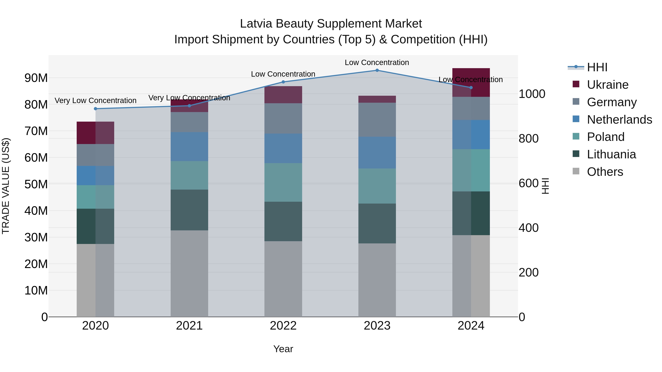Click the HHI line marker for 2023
[377, 70]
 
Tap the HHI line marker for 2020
[96, 109]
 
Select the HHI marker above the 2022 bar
[283, 82]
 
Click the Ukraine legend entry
[608, 85]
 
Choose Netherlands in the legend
[619, 120]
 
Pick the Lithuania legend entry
[611, 154]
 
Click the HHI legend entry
[597, 67]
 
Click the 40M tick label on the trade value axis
[36, 211]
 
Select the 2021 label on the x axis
[189, 326]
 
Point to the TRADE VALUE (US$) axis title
[6, 186]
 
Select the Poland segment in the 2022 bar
[283, 182]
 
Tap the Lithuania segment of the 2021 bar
[189, 210]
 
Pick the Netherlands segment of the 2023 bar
[377, 152]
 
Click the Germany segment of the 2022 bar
[283, 118]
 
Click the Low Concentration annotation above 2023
[377, 63]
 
